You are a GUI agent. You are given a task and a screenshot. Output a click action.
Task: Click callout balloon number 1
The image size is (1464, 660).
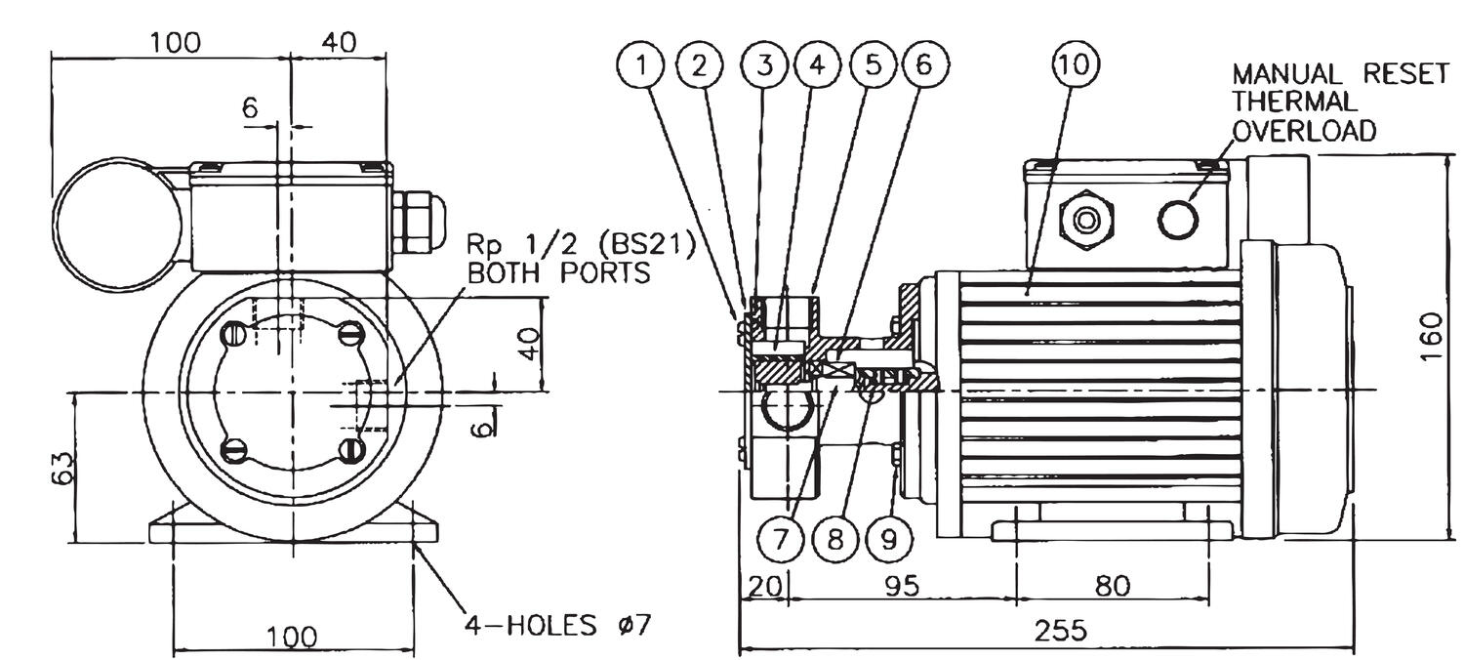pos(641,65)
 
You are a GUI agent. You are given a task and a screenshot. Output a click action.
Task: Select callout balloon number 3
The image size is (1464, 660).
pos(765,65)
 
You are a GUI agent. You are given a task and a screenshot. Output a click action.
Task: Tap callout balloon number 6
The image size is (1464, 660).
pos(923,65)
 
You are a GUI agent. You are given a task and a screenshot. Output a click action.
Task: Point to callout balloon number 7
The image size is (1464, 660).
pos(780,539)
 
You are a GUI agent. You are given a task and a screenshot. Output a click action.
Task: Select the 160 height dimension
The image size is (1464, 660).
pos(1432,337)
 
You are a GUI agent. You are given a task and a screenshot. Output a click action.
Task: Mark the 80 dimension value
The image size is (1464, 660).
pos(1112,586)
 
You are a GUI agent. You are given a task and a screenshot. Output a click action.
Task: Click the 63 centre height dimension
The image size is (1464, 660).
pos(61,467)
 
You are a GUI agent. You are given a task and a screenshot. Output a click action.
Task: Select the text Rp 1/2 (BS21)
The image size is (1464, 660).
pos(582,245)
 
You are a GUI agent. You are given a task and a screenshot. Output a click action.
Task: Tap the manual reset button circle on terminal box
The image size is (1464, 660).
pos(1178,219)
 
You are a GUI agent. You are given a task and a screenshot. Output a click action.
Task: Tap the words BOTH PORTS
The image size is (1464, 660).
pos(558,272)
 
